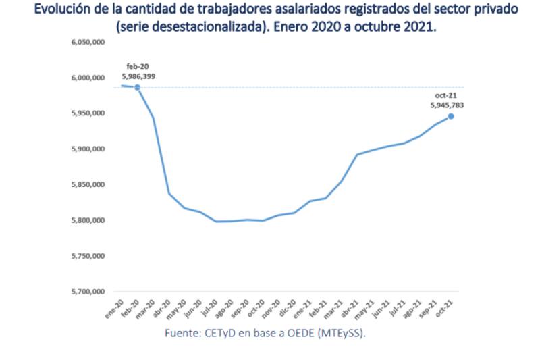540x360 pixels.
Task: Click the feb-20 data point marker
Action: [x=137, y=87]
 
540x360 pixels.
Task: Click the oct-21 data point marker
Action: [x=451, y=116]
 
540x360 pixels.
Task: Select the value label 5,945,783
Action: [x=447, y=105]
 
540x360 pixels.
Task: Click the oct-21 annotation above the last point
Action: [x=447, y=95]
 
